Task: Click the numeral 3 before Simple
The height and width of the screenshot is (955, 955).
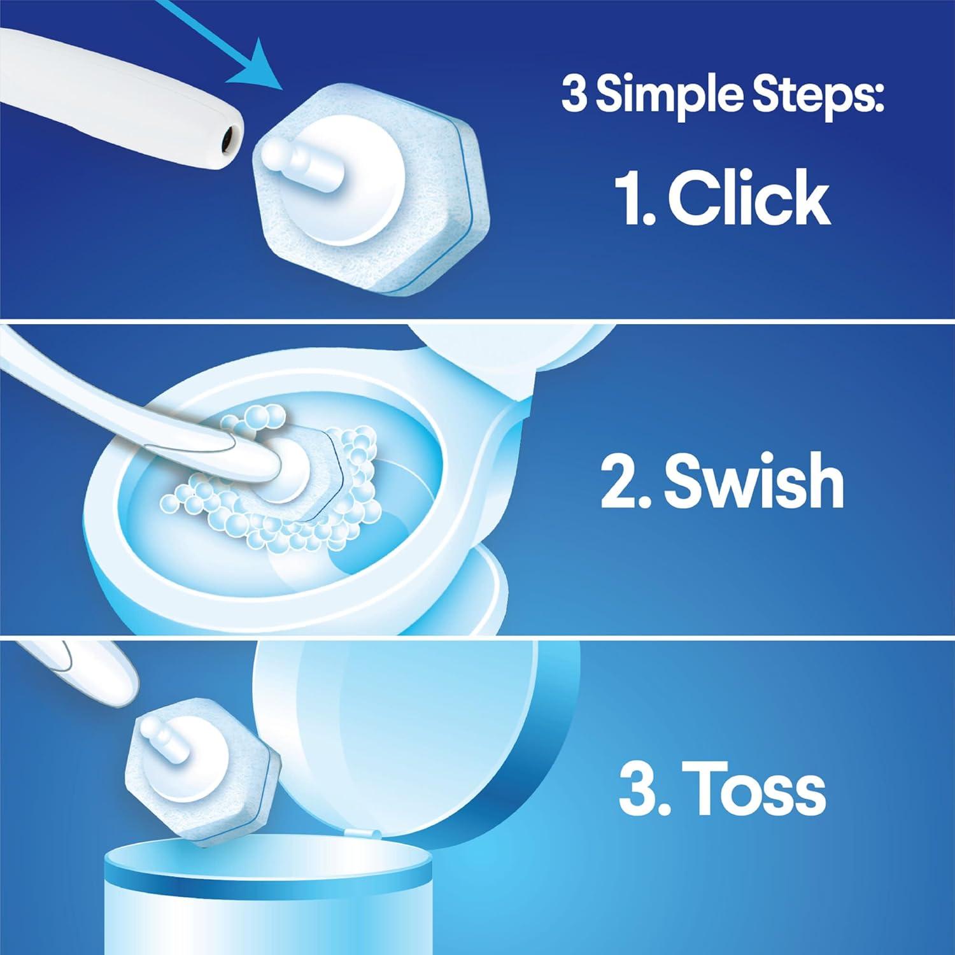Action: [574, 94]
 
